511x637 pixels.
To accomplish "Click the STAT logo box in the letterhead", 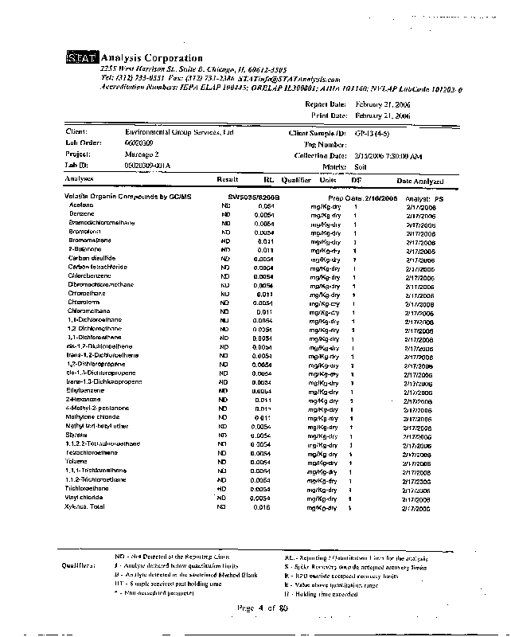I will pos(81,58).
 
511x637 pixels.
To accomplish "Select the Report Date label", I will pos(326,104).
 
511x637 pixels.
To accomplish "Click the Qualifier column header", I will pos(295,180).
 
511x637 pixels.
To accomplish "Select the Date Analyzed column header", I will pos(421,181).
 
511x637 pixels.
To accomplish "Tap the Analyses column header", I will pos(80,180).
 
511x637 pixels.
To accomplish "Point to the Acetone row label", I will pos(80,205).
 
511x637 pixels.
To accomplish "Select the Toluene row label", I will pos(76,461).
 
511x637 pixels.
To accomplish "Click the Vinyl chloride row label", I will pos(84,497).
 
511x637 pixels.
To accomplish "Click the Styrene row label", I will pos(77,435).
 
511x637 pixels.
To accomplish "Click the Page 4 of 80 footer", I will pos(262,608).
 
